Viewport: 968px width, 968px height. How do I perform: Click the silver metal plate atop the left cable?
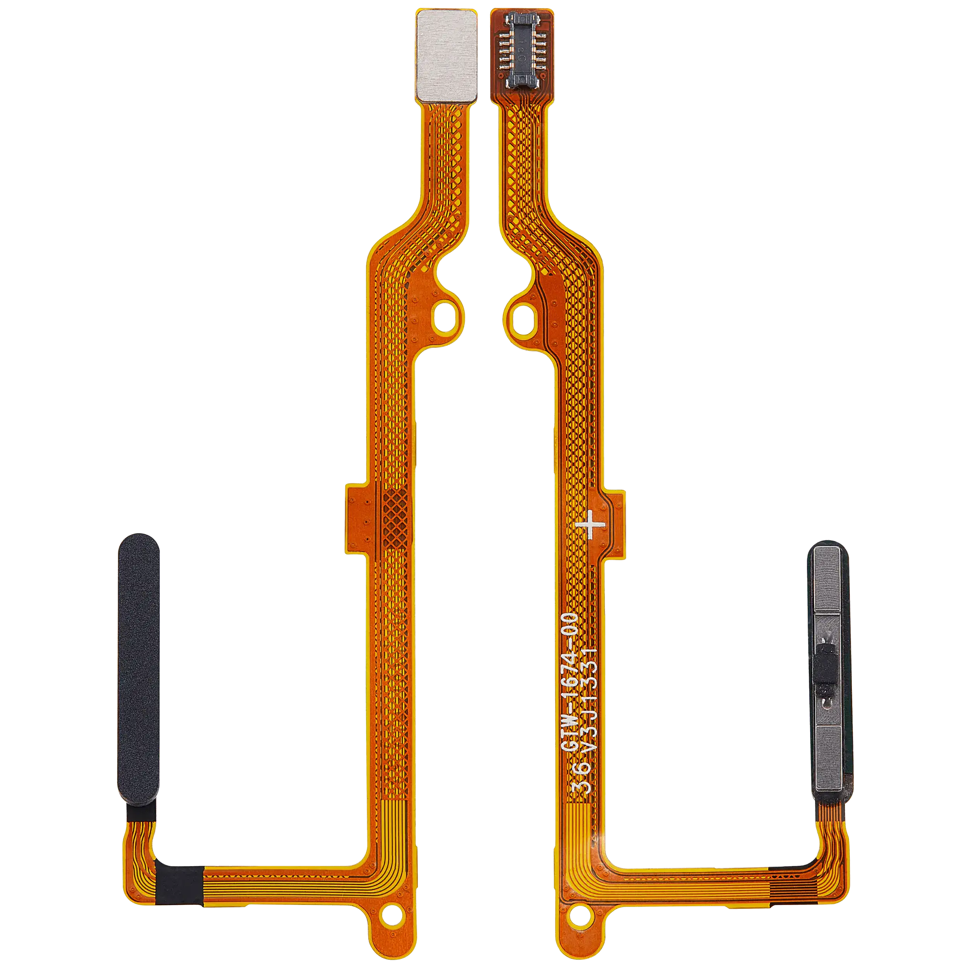(446, 55)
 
